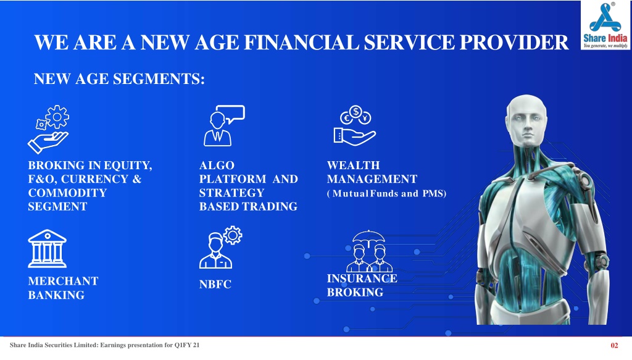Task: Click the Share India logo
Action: (605, 25)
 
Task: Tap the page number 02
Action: (614, 345)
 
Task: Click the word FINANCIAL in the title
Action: (301, 43)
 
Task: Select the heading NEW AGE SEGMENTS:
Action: (119, 79)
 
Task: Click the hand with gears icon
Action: (48, 130)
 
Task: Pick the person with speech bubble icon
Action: (224, 126)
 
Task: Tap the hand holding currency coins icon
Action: (355, 126)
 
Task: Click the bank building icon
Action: (47, 249)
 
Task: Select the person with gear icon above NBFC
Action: (220, 248)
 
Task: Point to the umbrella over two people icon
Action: (369, 251)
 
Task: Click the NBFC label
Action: (215, 285)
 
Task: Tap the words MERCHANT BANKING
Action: (64, 288)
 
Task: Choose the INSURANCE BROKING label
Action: (362, 285)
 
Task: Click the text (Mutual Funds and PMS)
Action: (386, 193)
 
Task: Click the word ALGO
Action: (217, 165)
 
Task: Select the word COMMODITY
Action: (67, 193)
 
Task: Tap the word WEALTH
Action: (354, 165)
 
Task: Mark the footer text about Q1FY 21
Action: (105, 345)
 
